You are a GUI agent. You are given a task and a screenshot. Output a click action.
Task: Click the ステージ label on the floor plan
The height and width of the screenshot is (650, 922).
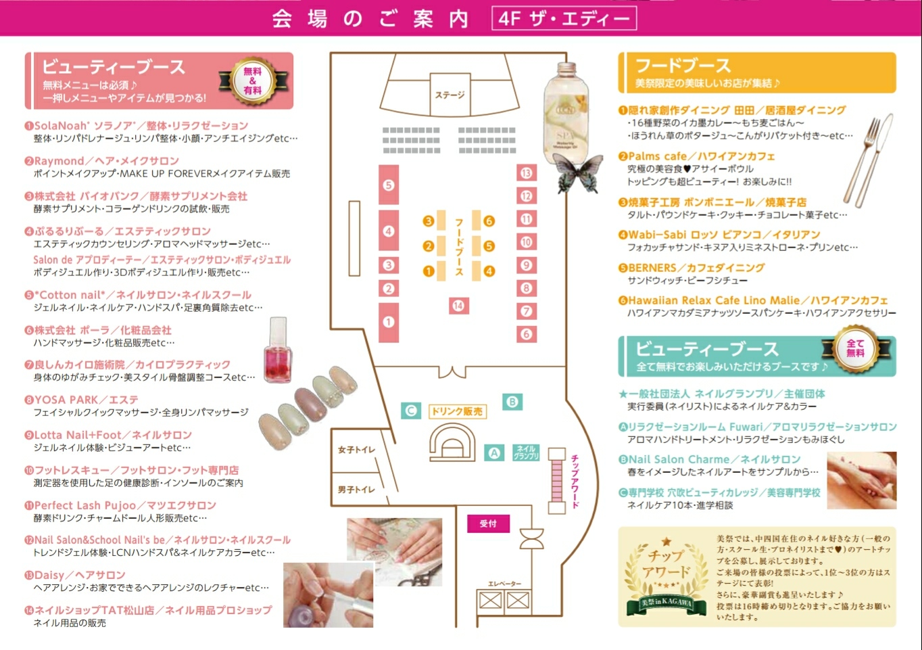tap(450, 95)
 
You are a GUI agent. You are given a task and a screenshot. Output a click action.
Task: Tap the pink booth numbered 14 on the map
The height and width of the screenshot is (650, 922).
tap(458, 306)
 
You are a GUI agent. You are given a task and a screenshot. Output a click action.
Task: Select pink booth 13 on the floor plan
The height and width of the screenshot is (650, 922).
tap(527, 173)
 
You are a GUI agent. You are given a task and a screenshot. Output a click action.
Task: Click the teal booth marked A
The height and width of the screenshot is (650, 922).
tap(494, 453)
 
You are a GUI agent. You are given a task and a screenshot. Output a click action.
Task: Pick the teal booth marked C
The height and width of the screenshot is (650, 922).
tap(411, 411)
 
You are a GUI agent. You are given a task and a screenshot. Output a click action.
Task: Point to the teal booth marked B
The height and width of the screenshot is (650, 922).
tap(512, 402)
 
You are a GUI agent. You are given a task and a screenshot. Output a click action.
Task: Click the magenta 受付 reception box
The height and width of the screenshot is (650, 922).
tap(488, 524)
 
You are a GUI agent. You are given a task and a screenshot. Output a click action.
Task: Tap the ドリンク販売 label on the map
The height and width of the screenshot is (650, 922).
tap(458, 411)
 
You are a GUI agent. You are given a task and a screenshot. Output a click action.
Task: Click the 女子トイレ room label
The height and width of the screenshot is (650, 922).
tap(356, 450)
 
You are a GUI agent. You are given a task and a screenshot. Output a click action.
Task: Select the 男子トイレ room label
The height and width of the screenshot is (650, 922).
tap(356, 490)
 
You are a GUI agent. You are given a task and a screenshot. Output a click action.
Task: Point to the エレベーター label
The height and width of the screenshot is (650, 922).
tap(505, 584)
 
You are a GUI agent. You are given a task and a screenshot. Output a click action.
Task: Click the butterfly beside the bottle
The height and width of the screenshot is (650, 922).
tap(578, 173)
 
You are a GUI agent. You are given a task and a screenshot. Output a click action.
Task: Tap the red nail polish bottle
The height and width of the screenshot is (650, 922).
tap(278, 350)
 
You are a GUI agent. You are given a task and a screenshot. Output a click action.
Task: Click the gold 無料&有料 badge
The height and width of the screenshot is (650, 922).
tap(253, 81)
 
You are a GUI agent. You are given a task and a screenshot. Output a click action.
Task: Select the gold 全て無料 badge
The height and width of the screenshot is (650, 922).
tap(855, 349)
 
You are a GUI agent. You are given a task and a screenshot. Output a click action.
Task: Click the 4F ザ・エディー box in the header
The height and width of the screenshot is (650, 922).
tap(564, 18)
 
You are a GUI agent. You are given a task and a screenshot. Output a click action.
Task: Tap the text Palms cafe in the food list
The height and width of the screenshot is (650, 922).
tap(657, 156)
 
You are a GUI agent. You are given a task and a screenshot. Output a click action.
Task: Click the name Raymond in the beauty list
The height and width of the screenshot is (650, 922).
tap(59, 161)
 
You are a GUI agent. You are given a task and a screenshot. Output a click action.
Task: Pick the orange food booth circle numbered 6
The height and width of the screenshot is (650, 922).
tap(489, 221)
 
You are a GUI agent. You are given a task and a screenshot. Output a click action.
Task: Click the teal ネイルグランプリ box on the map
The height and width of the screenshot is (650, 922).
tap(526, 452)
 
